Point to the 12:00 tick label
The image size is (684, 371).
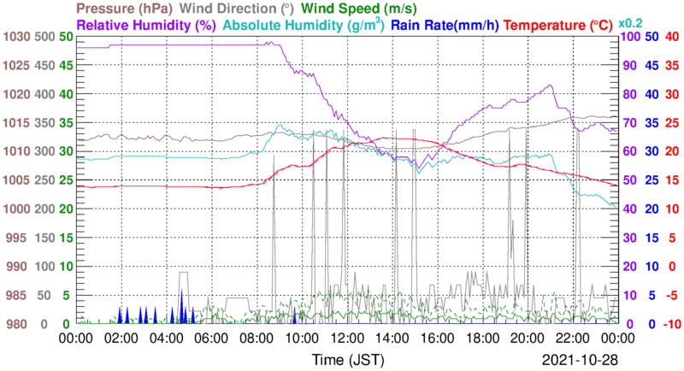pos(346,339)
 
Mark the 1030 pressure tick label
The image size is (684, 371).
pos(16,37)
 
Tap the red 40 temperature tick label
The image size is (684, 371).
pos(671,37)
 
